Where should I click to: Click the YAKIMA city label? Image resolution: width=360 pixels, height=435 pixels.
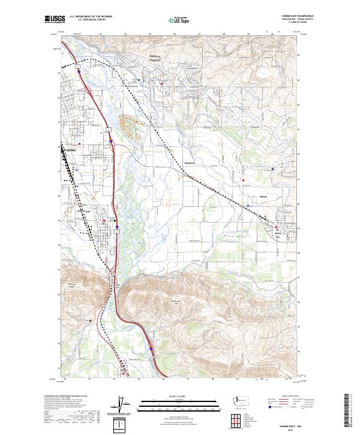69,147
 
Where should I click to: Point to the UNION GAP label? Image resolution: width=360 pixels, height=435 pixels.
79,211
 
